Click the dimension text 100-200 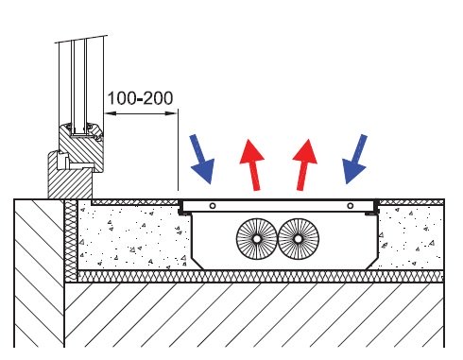[x=140, y=98]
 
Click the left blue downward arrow [x=202, y=159]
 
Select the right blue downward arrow [x=355, y=159]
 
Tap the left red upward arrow [x=252, y=164]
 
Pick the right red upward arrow [x=304, y=164]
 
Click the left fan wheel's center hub [x=257, y=239]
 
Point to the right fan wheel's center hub [x=298, y=239]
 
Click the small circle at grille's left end [x=213, y=206]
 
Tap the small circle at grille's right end [x=350, y=206]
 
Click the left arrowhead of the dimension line [x=111, y=113]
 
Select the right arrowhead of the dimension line [x=171, y=113]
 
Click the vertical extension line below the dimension [x=178, y=149]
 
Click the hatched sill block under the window [x=70, y=177]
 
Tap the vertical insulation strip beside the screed [x=71, y=240]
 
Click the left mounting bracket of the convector [x=181, y=209]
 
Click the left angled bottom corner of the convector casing [x=197, y=264]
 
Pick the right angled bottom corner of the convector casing [x=372, y=263]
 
